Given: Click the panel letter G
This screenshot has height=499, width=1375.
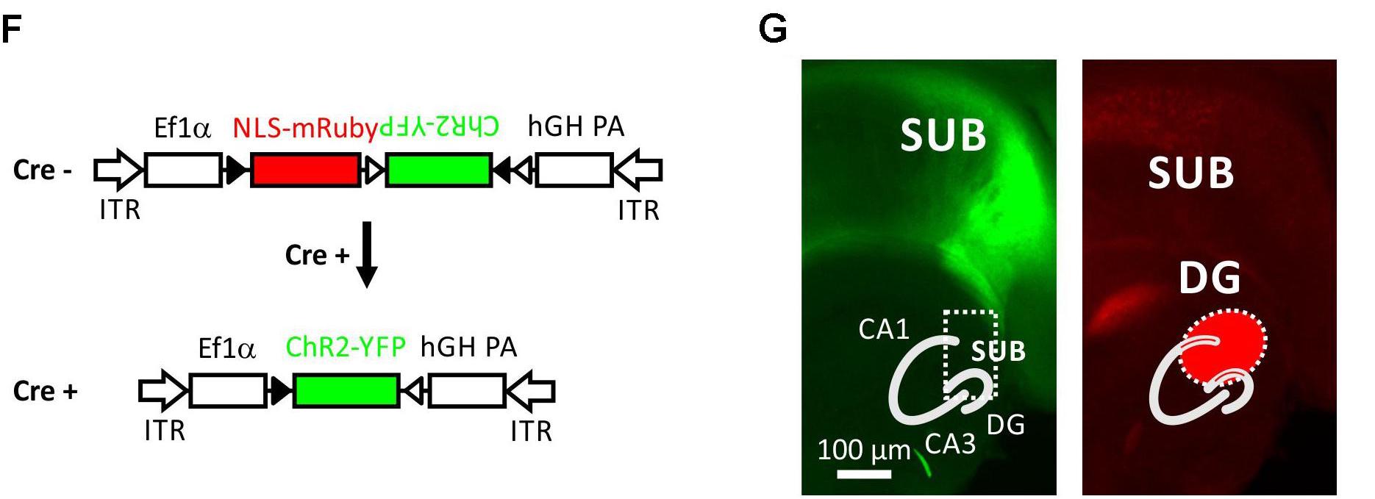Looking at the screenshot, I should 772,29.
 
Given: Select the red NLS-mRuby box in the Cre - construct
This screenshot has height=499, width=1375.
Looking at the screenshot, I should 305,170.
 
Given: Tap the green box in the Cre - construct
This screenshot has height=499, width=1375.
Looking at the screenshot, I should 438,170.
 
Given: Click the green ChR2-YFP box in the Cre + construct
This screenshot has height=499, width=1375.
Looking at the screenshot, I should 346,390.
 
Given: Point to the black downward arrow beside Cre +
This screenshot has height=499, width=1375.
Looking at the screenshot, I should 366,254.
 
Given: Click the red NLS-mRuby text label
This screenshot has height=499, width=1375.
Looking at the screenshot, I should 304,128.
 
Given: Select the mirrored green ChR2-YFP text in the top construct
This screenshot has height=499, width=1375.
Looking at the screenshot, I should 439,127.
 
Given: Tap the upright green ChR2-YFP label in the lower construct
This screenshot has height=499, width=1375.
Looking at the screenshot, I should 345,347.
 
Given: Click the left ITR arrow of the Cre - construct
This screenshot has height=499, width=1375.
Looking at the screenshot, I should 118,170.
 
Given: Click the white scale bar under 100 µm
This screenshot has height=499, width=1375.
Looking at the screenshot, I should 864,474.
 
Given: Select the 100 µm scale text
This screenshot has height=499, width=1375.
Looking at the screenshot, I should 864,449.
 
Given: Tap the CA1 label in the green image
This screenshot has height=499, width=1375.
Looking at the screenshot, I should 884,329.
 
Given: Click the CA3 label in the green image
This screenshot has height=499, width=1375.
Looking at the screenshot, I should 950,444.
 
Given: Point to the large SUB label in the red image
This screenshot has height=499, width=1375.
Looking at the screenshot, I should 1190,173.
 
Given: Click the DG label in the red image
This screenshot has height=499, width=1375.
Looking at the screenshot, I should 1210,278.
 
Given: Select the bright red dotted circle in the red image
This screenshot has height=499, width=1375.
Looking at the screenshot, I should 1224,345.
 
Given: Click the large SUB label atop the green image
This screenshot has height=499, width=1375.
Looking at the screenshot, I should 943,135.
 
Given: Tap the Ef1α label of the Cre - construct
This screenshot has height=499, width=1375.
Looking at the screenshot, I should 182,128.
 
